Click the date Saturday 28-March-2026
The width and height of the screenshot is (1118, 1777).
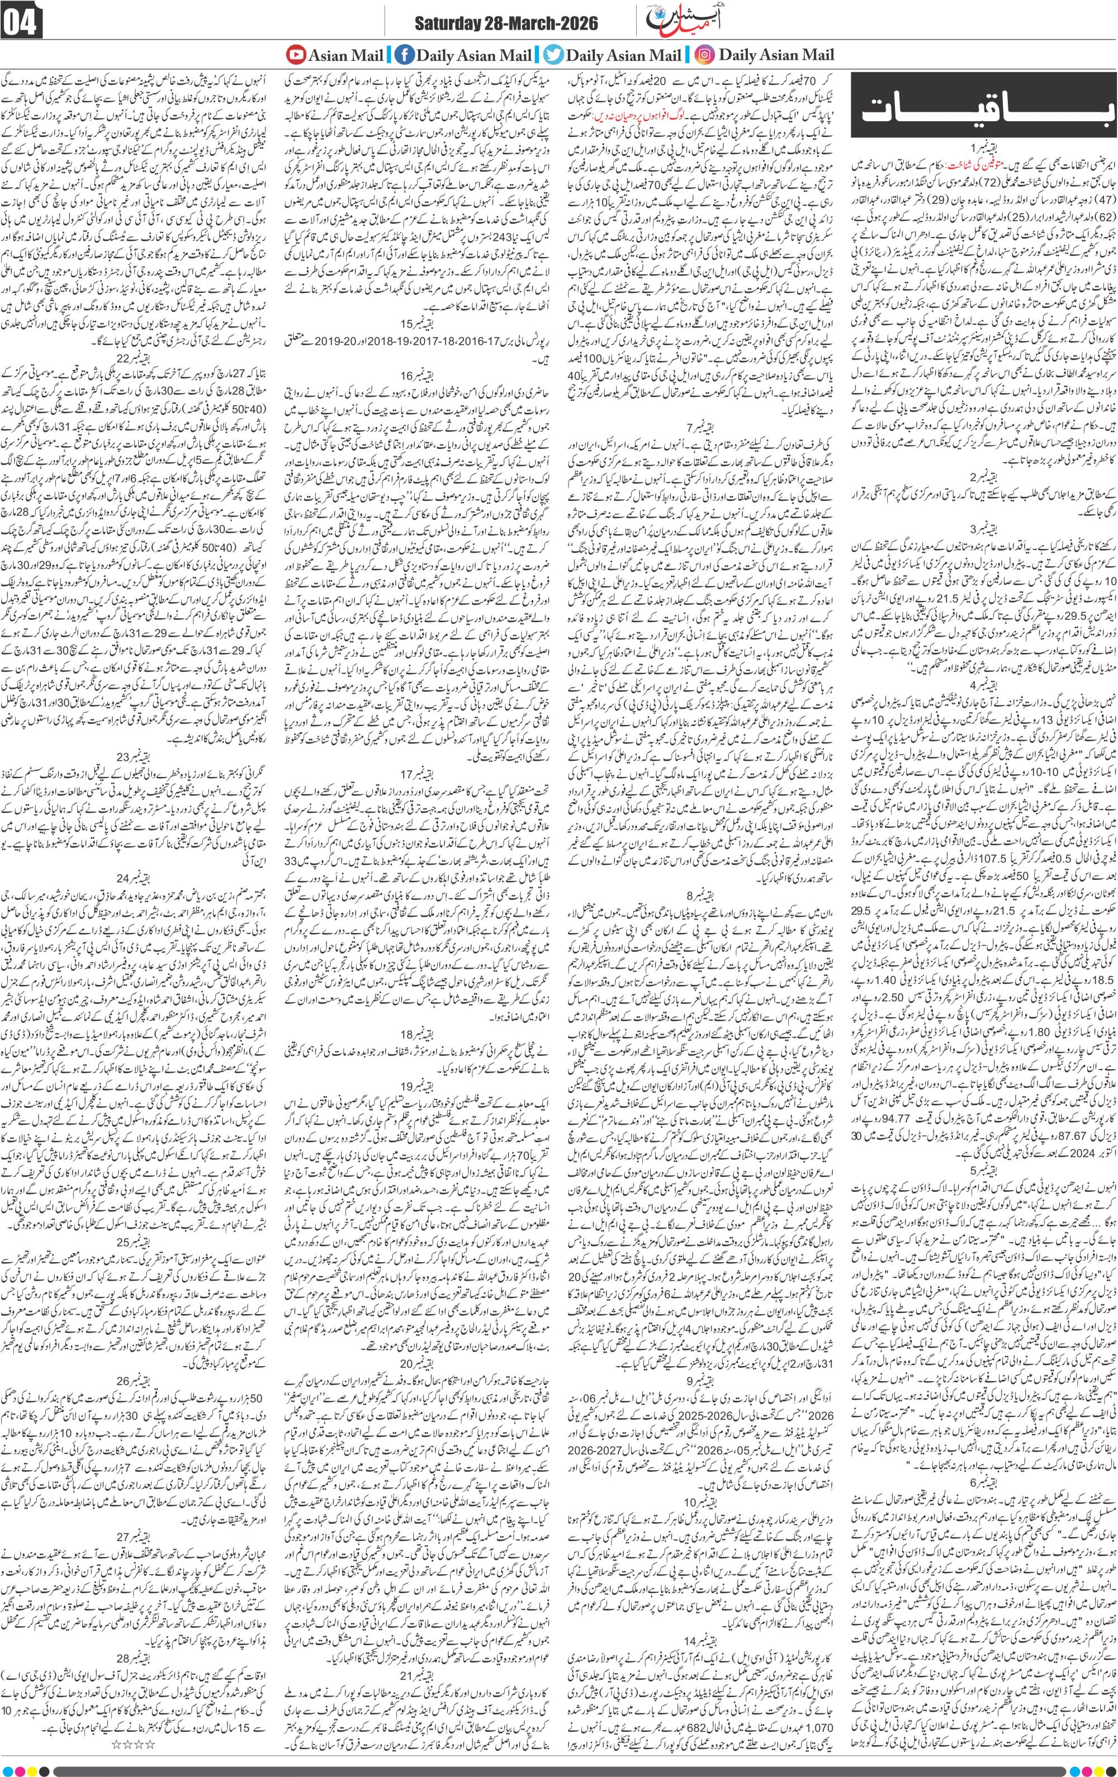(x=507, y=25)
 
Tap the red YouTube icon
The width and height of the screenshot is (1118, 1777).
(x=296, y=55)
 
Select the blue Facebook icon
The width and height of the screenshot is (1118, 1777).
(x=403, y=55)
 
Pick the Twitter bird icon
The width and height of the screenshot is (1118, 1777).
(x=551, y=55)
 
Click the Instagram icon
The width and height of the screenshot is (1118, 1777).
(x=705, y=55)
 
